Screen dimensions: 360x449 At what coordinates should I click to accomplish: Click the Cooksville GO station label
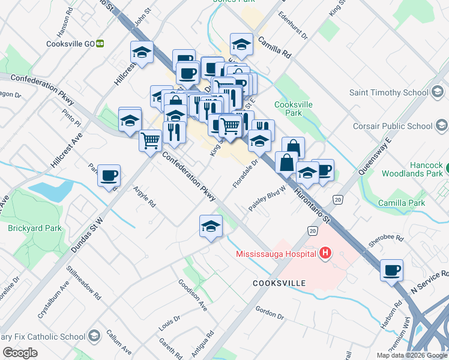coord(70,44)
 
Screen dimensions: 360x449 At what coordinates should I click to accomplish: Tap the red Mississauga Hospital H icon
coord(325,253)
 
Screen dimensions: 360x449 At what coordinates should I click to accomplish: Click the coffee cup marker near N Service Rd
coord(391,269)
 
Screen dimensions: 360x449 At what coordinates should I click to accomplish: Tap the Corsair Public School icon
coord(442,126)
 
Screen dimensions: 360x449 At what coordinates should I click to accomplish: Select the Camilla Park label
coord(402,203)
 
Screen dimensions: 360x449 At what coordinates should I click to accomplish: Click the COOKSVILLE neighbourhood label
coord(279,283)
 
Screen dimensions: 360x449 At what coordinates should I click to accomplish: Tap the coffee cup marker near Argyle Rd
coord(109,175)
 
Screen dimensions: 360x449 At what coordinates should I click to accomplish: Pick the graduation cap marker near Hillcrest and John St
coord(142,52)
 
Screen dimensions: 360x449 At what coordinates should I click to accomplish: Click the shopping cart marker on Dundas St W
coord(150,140)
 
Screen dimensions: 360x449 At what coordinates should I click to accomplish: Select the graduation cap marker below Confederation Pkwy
coord(211,226)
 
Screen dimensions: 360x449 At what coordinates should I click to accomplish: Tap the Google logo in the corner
coord(20,352)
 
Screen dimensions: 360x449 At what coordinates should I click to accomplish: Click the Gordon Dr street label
coord(269,312)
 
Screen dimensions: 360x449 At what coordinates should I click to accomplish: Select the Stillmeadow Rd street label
coord(83,283)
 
